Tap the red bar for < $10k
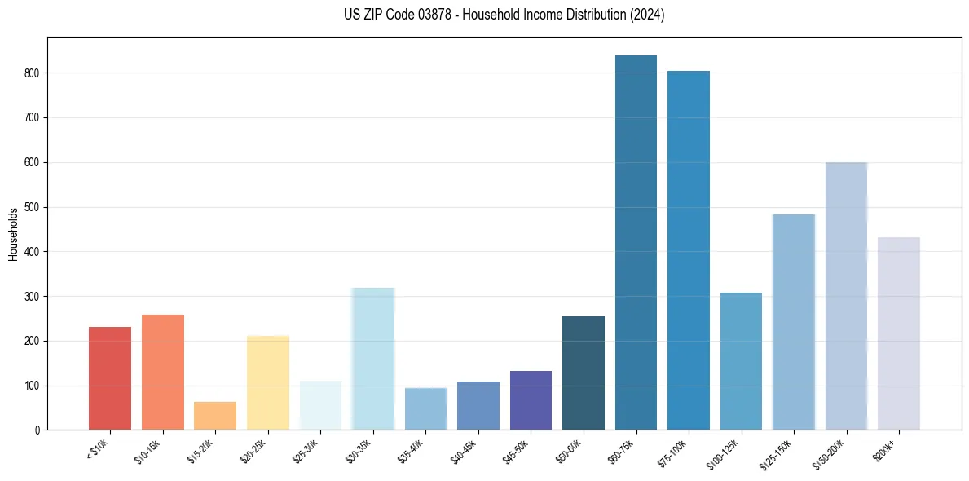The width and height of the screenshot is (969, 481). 110,378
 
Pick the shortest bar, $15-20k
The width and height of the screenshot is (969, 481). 215,416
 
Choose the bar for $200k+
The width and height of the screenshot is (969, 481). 899,333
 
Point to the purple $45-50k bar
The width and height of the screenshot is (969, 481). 531,400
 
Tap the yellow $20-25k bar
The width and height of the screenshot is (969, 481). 268,382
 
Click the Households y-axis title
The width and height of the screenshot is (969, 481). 13,234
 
